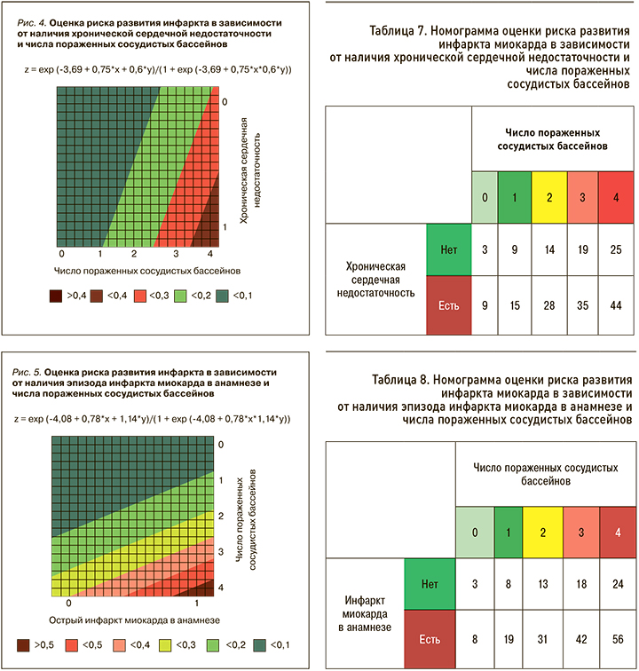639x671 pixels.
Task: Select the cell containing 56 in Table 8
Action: click(618, 637)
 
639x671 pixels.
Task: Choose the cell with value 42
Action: click(580, 637)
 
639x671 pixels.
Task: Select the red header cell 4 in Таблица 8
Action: click(618, 533)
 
